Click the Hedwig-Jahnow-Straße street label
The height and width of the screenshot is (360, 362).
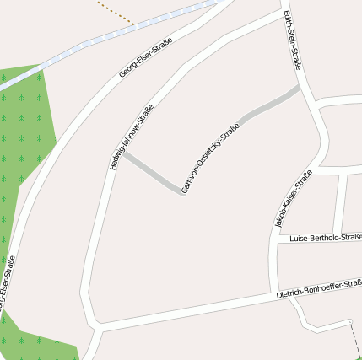[x=132, y=137]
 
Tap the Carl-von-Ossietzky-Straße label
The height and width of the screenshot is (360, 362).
[x=210, y=159]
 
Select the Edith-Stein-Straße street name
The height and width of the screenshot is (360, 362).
[x=293, y=40]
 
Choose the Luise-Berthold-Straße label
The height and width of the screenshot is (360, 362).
[x=324, y=238]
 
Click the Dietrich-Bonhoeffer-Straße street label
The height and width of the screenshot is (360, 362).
[x=319, y=287]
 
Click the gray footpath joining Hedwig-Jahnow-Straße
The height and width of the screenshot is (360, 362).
[x=152, y=174]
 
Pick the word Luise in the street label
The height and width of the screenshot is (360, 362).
[x=298, y=239]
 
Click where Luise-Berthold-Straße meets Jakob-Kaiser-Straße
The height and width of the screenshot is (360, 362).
[x=277, y=239]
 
